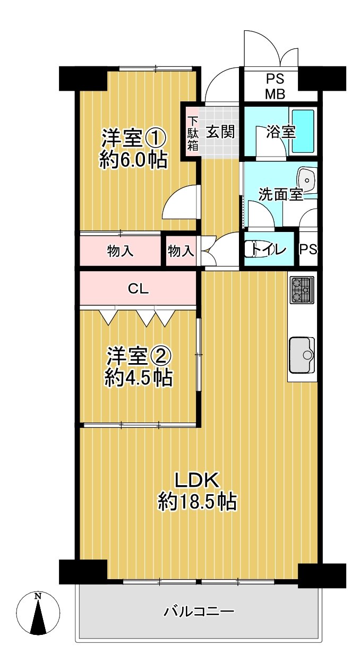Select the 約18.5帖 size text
click(197, 501)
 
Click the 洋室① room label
click(134, 139)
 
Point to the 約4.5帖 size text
click(138, 377)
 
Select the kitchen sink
click(302, 355)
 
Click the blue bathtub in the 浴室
click(304, 130)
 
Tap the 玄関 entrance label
click(220, 131)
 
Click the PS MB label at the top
click(275, 87)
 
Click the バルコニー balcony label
click(198, 612)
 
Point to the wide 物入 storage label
click(121, 251)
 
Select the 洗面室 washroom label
click(280, 195)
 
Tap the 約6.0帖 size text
click(134, 159)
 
